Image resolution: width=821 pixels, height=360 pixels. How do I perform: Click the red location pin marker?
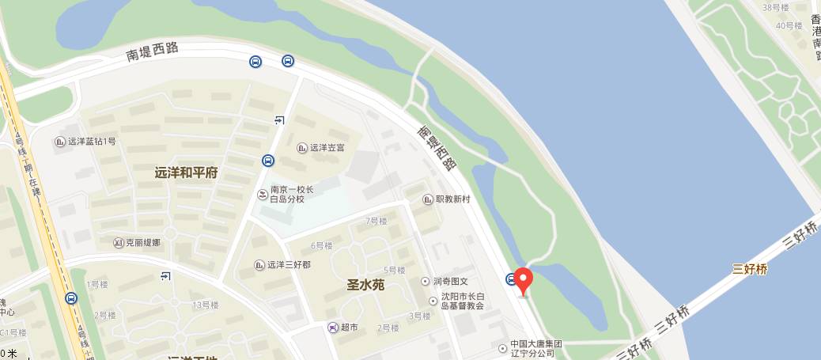click(x=523, y=280)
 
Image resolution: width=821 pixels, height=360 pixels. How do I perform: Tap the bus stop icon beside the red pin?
click(x=510, y=279)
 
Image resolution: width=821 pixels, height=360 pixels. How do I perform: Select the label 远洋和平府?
click(x=186, y=172)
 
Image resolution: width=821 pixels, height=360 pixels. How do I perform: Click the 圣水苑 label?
click(x=365, y=285)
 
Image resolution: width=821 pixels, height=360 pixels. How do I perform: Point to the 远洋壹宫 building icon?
click(x=301, y=147)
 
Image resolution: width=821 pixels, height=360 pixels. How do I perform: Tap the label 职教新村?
click(x=452, y=199)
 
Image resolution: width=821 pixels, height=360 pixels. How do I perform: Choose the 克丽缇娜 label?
click(x=143, y=242)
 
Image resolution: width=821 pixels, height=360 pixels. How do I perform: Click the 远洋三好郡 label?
click(x=288, y=265)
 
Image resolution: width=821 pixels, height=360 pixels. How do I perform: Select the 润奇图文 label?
click(x=455, y=281)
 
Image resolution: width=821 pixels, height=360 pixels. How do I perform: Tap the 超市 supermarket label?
click(x=349, y=328)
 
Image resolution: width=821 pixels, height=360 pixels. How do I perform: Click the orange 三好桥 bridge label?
click(x=750, y=269)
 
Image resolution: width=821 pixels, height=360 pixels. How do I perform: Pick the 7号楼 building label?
click(x=376, y=221)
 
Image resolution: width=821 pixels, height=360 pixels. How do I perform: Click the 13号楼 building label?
click(x=205, y=305)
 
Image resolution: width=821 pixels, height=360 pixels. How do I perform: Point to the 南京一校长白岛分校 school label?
click(x=292, y=195)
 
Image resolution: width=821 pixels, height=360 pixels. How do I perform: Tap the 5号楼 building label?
click(x=394, y=270)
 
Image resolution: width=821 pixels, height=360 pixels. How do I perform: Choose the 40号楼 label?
click(x=789, y=25)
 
